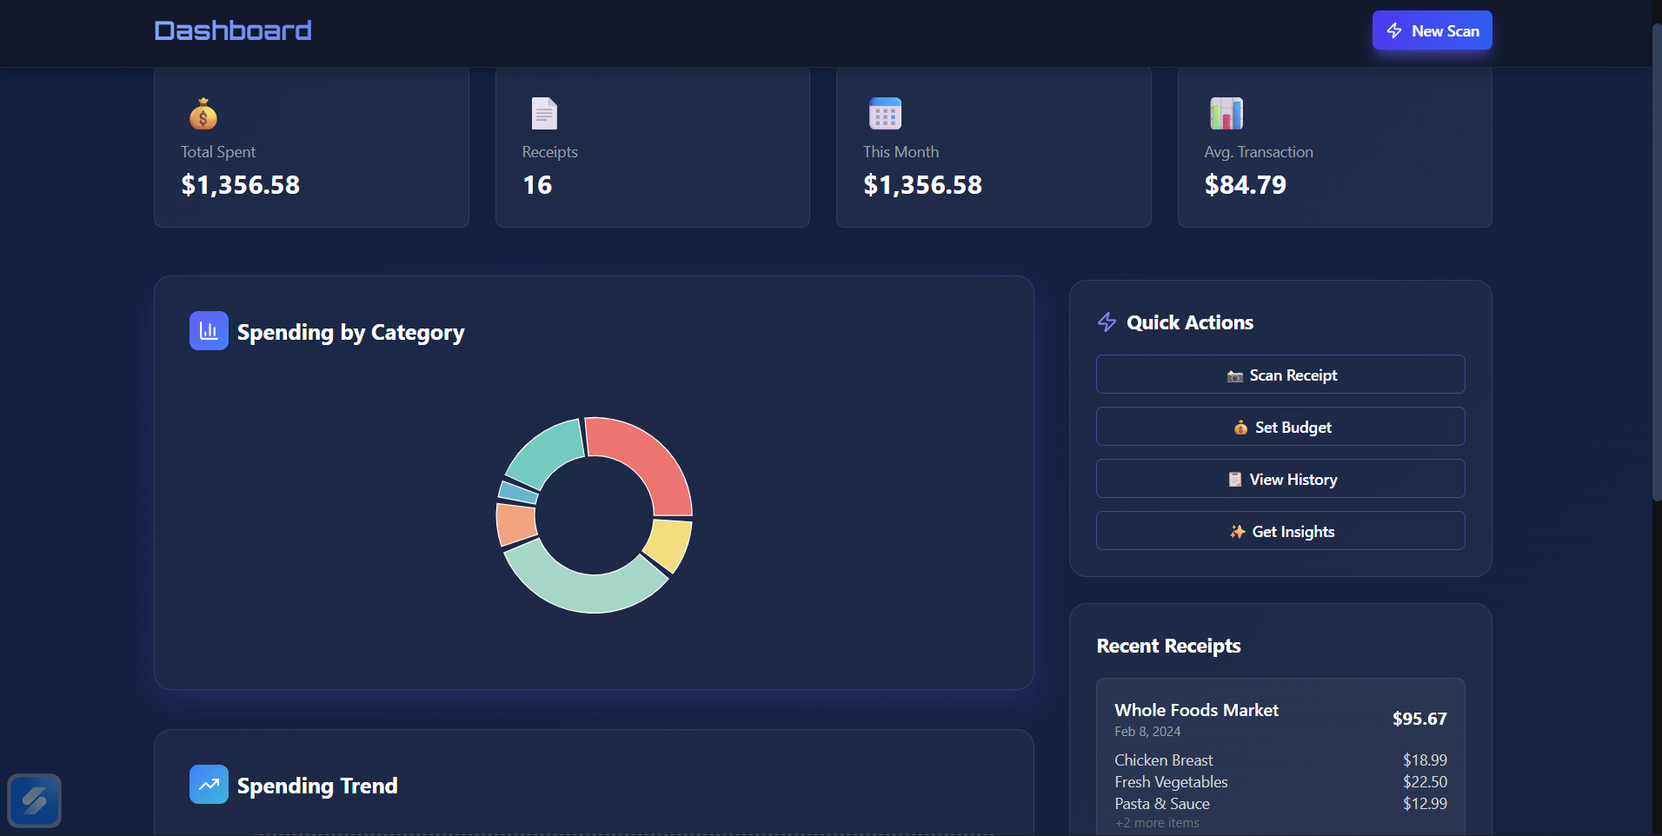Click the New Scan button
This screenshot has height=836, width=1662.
tap(1432, 30)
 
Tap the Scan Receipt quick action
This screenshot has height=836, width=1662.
tap(1280, 375)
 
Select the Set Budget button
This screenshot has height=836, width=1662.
tap(1280, 427)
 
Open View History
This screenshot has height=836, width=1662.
tap(1280, 479)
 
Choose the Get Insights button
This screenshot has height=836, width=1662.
tap(1280, 531)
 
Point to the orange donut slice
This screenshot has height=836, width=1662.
tap(515, 524)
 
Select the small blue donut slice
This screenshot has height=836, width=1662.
tap(518, 493)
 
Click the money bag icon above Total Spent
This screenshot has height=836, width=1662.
tap(203, 114)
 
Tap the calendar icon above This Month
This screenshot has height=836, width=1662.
tap(885, 114)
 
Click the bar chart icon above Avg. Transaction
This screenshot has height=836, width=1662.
tap(1227, 114)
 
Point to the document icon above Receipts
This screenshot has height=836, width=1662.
tap(544, 114)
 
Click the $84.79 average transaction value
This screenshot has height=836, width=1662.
tap(1245, 185)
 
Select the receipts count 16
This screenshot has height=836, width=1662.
tap(537, 185)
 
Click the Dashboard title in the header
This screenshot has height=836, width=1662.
tap(233, 31)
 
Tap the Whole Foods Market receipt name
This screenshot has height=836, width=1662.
tap(1196, 710)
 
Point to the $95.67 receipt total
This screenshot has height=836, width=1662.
tap(1419, 719)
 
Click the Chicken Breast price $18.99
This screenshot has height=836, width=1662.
tap(1425, 760)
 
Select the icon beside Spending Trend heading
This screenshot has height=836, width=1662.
tap(209, 785)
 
